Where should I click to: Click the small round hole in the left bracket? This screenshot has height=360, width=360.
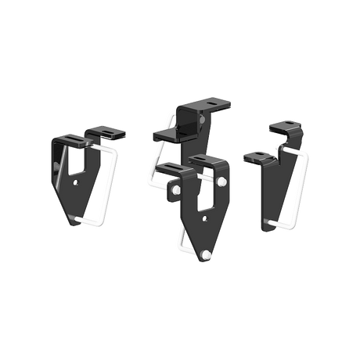point(75,181)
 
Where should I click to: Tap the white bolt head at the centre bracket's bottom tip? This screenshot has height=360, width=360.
point(207,255)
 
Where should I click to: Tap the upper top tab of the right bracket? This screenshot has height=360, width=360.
point(283,126)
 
